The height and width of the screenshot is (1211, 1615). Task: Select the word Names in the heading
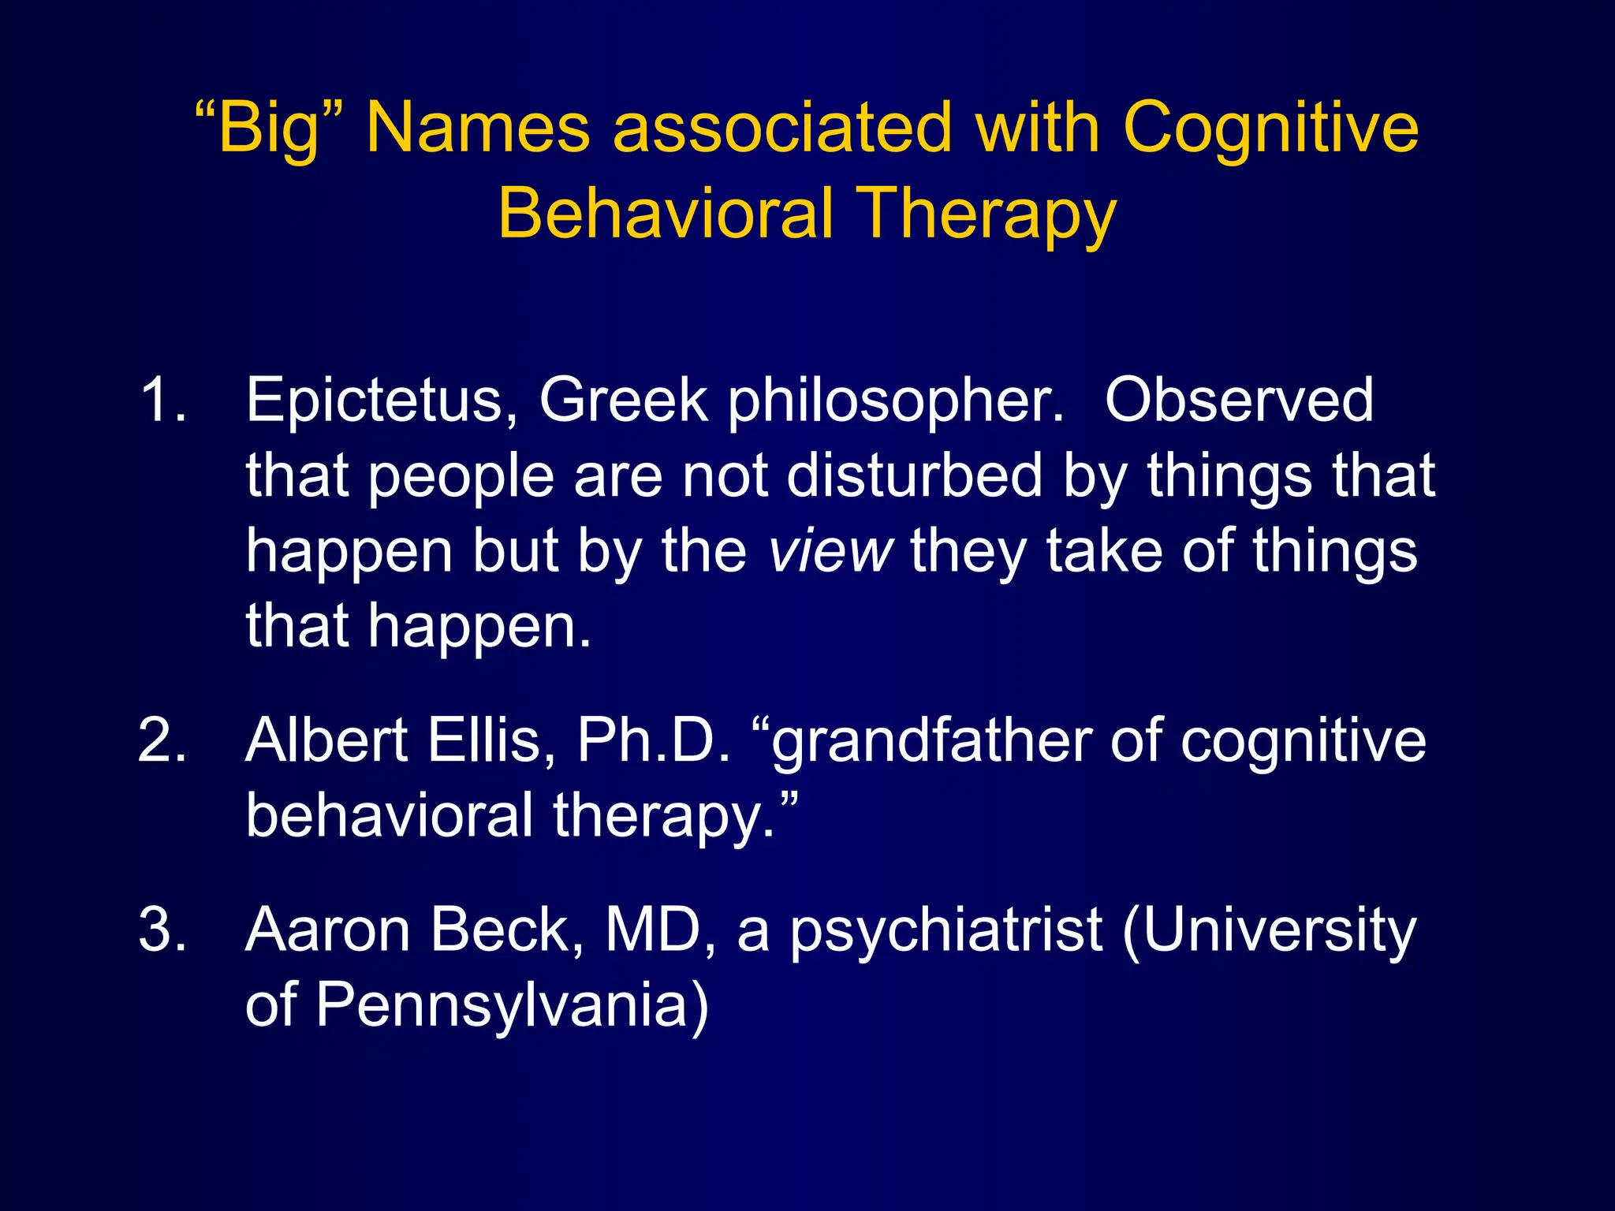tap(478, 128)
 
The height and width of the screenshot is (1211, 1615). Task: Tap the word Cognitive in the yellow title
tap(1270, 128)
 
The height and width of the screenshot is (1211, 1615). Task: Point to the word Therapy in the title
tap(986, 214)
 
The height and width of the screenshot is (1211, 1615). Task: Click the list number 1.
tap(162, 401)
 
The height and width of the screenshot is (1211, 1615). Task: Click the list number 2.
tap(162, 740)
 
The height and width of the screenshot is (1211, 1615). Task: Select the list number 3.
tap(162, 930)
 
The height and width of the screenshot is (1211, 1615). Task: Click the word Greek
tap(623, 401)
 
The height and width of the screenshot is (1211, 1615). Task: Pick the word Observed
tap(1239, 401)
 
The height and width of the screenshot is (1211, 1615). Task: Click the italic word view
tap(830, 551)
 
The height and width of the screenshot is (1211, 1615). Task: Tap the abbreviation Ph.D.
tap(654, 740)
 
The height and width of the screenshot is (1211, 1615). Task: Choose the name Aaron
tap(328, 930)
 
